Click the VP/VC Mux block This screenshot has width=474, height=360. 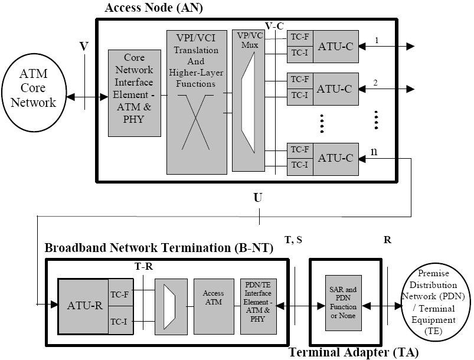coord(249,100)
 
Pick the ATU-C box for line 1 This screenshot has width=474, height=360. coord(336,46)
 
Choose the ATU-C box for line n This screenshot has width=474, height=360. coord(336,158)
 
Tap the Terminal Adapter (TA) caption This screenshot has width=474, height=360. coord(354,353)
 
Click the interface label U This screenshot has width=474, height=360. coord(258,197)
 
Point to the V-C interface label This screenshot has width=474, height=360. coord(275,26)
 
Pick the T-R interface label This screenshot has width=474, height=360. coord(143,266)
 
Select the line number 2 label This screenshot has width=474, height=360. coord(375,83)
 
